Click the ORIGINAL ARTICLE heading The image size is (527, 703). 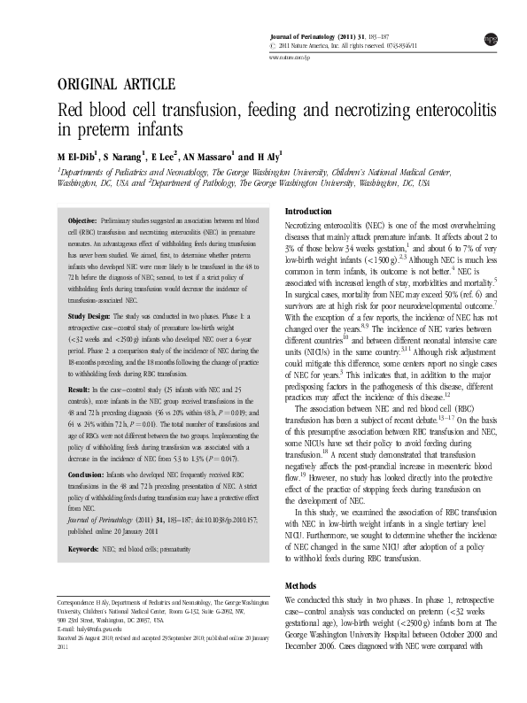(115, 85)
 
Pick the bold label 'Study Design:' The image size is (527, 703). (89, 315)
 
